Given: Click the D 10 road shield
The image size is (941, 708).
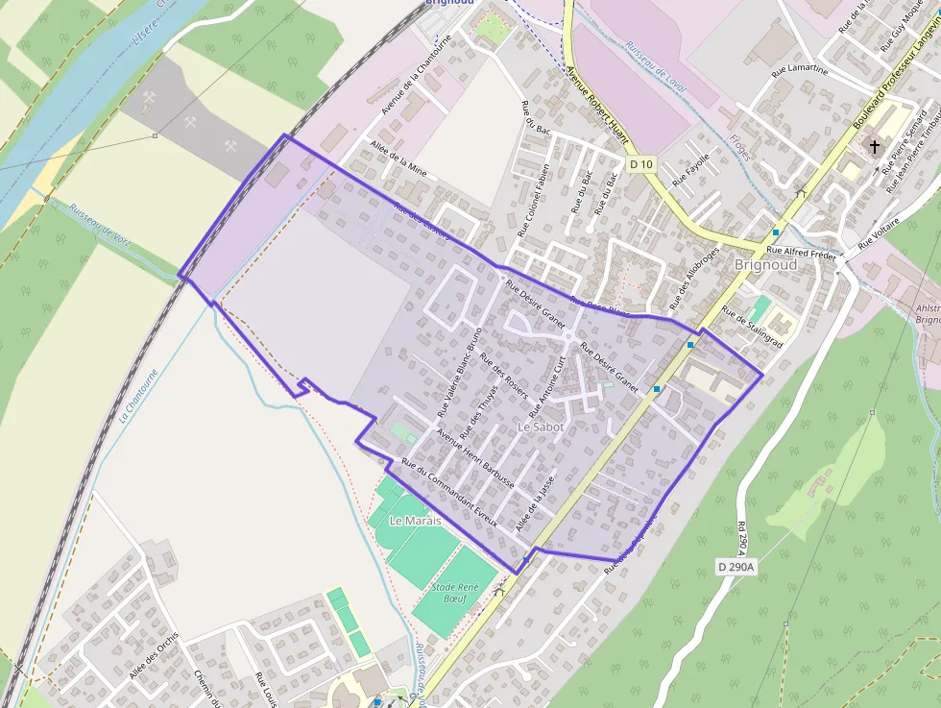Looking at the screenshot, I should pos(642,165).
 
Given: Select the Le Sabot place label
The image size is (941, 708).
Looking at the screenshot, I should pos(540,425).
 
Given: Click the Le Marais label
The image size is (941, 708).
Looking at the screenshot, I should pos(415,520).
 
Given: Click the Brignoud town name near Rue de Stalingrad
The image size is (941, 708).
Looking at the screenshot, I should pos(764,264).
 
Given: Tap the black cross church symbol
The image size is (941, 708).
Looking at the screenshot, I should pos(874,147).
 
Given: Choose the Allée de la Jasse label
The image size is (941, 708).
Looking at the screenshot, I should pos(535,505).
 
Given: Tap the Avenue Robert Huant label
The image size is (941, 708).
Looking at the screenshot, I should pos(596,105).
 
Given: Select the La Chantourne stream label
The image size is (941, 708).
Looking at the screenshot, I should pos(136,398).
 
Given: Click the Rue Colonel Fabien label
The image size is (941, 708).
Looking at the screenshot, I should pos(533,200).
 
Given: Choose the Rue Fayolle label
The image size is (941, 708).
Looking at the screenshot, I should pos(691,169).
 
